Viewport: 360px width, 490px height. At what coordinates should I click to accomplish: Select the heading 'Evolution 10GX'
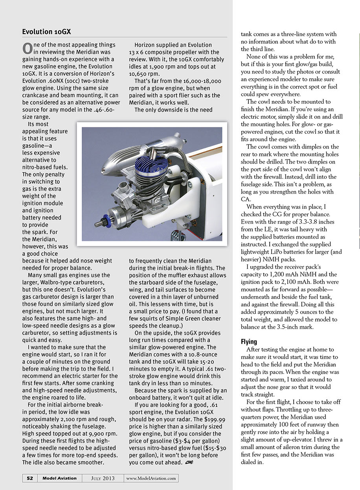(x=46, y=31)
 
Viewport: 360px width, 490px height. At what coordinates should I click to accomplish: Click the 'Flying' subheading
(x=249, y=342)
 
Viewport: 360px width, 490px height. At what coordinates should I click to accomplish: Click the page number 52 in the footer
(x=30, y=478)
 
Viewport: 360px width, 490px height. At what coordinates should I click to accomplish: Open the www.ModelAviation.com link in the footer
(x=151, y=478)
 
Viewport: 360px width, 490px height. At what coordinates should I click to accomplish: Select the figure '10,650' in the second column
(x=138, y=74)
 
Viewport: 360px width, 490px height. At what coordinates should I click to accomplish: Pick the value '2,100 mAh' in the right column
(x=301, y=282)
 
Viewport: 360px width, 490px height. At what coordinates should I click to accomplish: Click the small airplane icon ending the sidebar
(x=190, y=463)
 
